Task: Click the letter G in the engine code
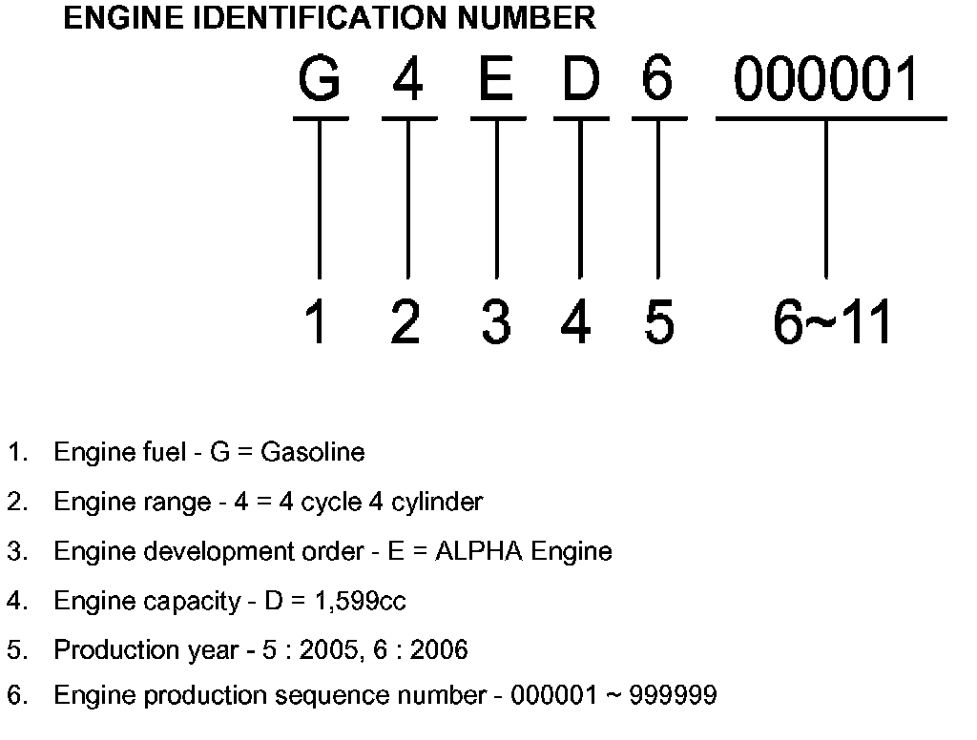coord(319,80)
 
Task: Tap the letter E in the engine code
coord(496,80)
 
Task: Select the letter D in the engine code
coord(579,80)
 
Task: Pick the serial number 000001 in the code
coord(826,80)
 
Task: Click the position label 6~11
coord(831,323)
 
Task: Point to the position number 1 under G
coord(317,323)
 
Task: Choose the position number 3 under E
coord(495,323)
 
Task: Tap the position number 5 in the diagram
coord(658,323)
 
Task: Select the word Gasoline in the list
coord(312,452)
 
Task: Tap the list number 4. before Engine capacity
coord(17,601)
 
